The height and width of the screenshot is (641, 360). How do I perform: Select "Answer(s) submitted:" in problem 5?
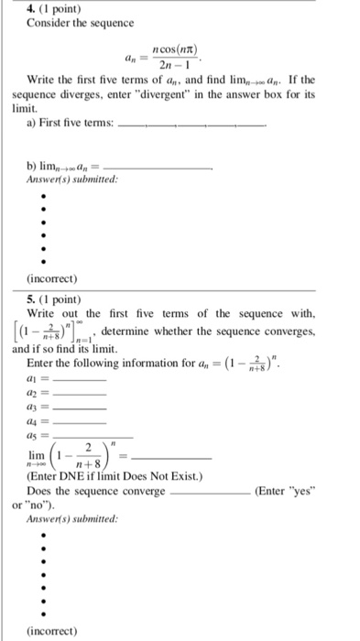(x=65, y=519)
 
